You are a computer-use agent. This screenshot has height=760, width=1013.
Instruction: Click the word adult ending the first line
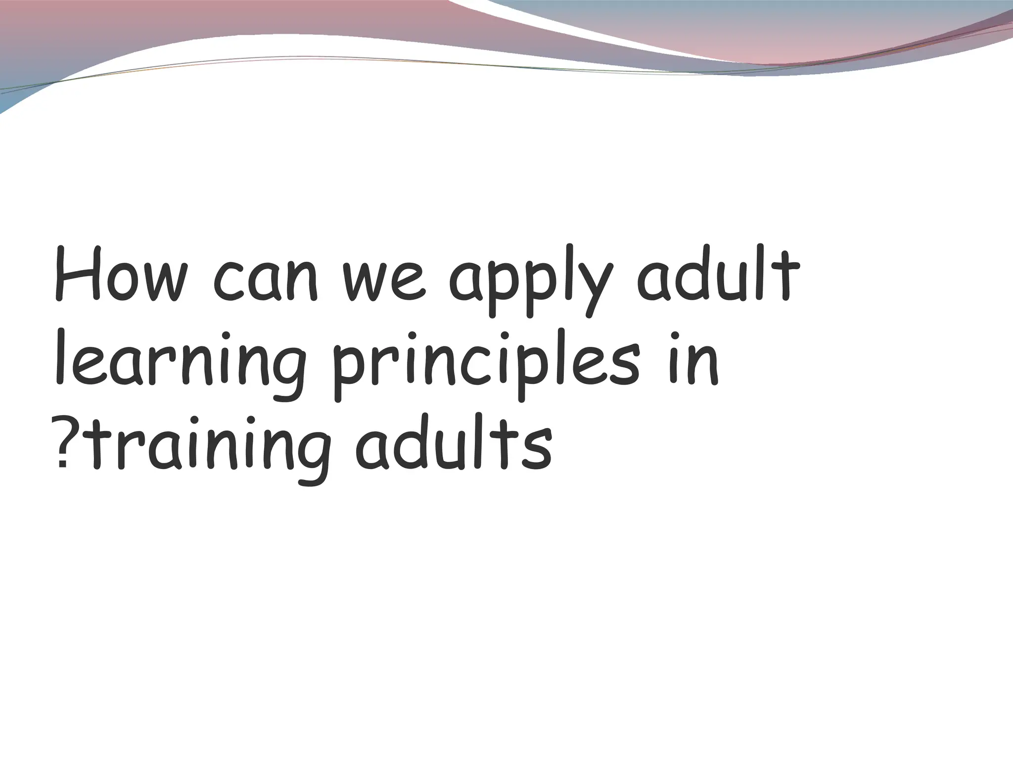pos(717,275)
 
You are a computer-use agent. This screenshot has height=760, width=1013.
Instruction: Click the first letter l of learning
pos(60,356)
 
